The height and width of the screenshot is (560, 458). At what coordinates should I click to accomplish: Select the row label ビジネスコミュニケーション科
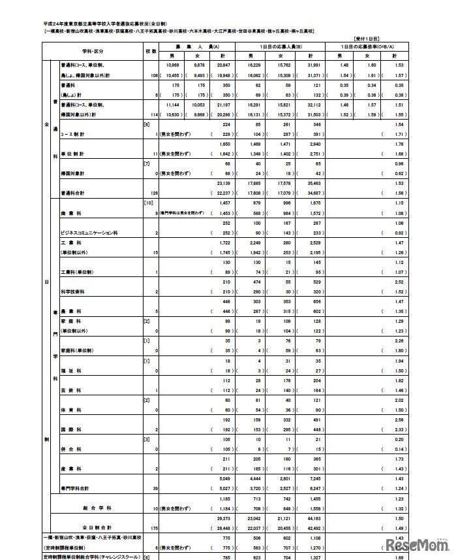pos(89,233)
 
